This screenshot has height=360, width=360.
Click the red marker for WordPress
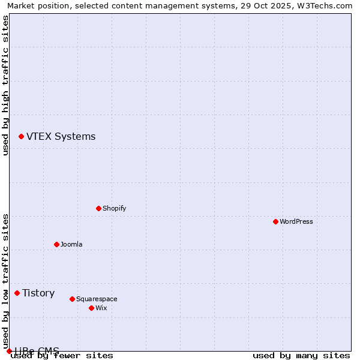[x=275, y=221]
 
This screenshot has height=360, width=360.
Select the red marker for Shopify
[x=98, y=208]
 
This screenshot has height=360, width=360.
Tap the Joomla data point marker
[x=56, y=244]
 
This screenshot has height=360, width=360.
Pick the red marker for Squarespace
[x=72, y=299]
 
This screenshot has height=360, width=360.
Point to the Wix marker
[x=91, y=308]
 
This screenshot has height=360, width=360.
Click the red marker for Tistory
[x=17, y=293]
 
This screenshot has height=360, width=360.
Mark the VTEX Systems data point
[x=21, y=136]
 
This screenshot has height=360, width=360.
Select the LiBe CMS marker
[x=9, y=351]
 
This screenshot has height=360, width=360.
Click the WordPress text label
[x=296, y=221]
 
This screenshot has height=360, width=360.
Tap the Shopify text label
[x=114, y=208]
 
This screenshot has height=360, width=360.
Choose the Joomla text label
[x=71, y=244]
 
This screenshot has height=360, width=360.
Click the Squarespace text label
[x=97, y=299]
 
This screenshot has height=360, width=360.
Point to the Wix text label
[x=101, y=308]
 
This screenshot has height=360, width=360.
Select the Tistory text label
[x=38, y=293]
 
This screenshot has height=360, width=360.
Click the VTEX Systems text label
[x=61, y=136]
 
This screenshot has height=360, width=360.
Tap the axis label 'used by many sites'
[x=301, y=355]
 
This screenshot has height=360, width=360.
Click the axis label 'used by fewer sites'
[x=62, y=355]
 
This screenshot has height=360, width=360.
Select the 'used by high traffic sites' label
[x=5, y=85]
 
